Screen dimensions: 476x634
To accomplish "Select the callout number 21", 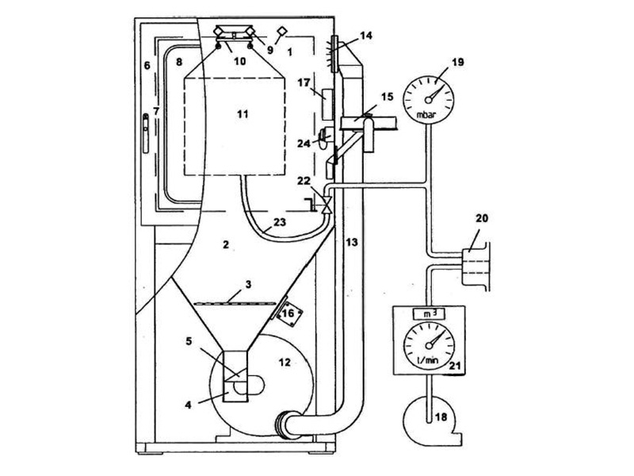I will (x=455, y=365).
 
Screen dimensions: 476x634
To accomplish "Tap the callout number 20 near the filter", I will (x=483, y=217).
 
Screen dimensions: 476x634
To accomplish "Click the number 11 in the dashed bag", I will (x=243, y=114).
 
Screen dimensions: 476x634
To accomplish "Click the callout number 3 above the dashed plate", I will (x=248, y=283).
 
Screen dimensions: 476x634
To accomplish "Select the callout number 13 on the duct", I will (x=349, y=242).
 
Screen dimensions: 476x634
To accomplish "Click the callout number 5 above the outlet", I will (x=188, y=342).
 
